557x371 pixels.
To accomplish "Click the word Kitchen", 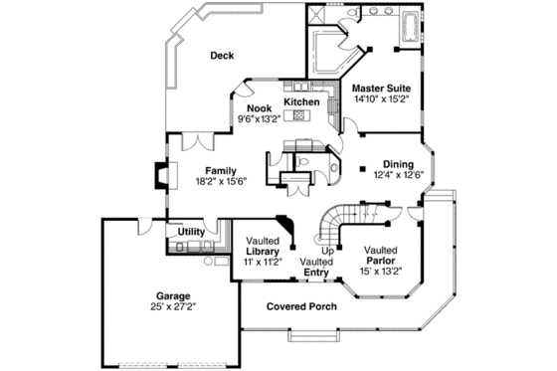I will click(x=301, y=102).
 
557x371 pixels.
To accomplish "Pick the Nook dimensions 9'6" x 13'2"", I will click(x=259, y=118).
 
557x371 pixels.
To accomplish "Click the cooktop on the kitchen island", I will click(x=297, y=116).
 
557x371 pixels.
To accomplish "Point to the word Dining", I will click(x=398, y=164).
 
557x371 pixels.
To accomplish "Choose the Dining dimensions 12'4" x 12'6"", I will click(x=398, y=176).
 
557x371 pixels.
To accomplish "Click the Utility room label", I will click(x=191, y=232).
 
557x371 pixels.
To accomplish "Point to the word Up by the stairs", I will click(x=327, y=250).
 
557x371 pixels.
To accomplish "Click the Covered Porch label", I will click(x=301, y=306).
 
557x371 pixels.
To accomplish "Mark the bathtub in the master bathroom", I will click(x=409, y=23).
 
